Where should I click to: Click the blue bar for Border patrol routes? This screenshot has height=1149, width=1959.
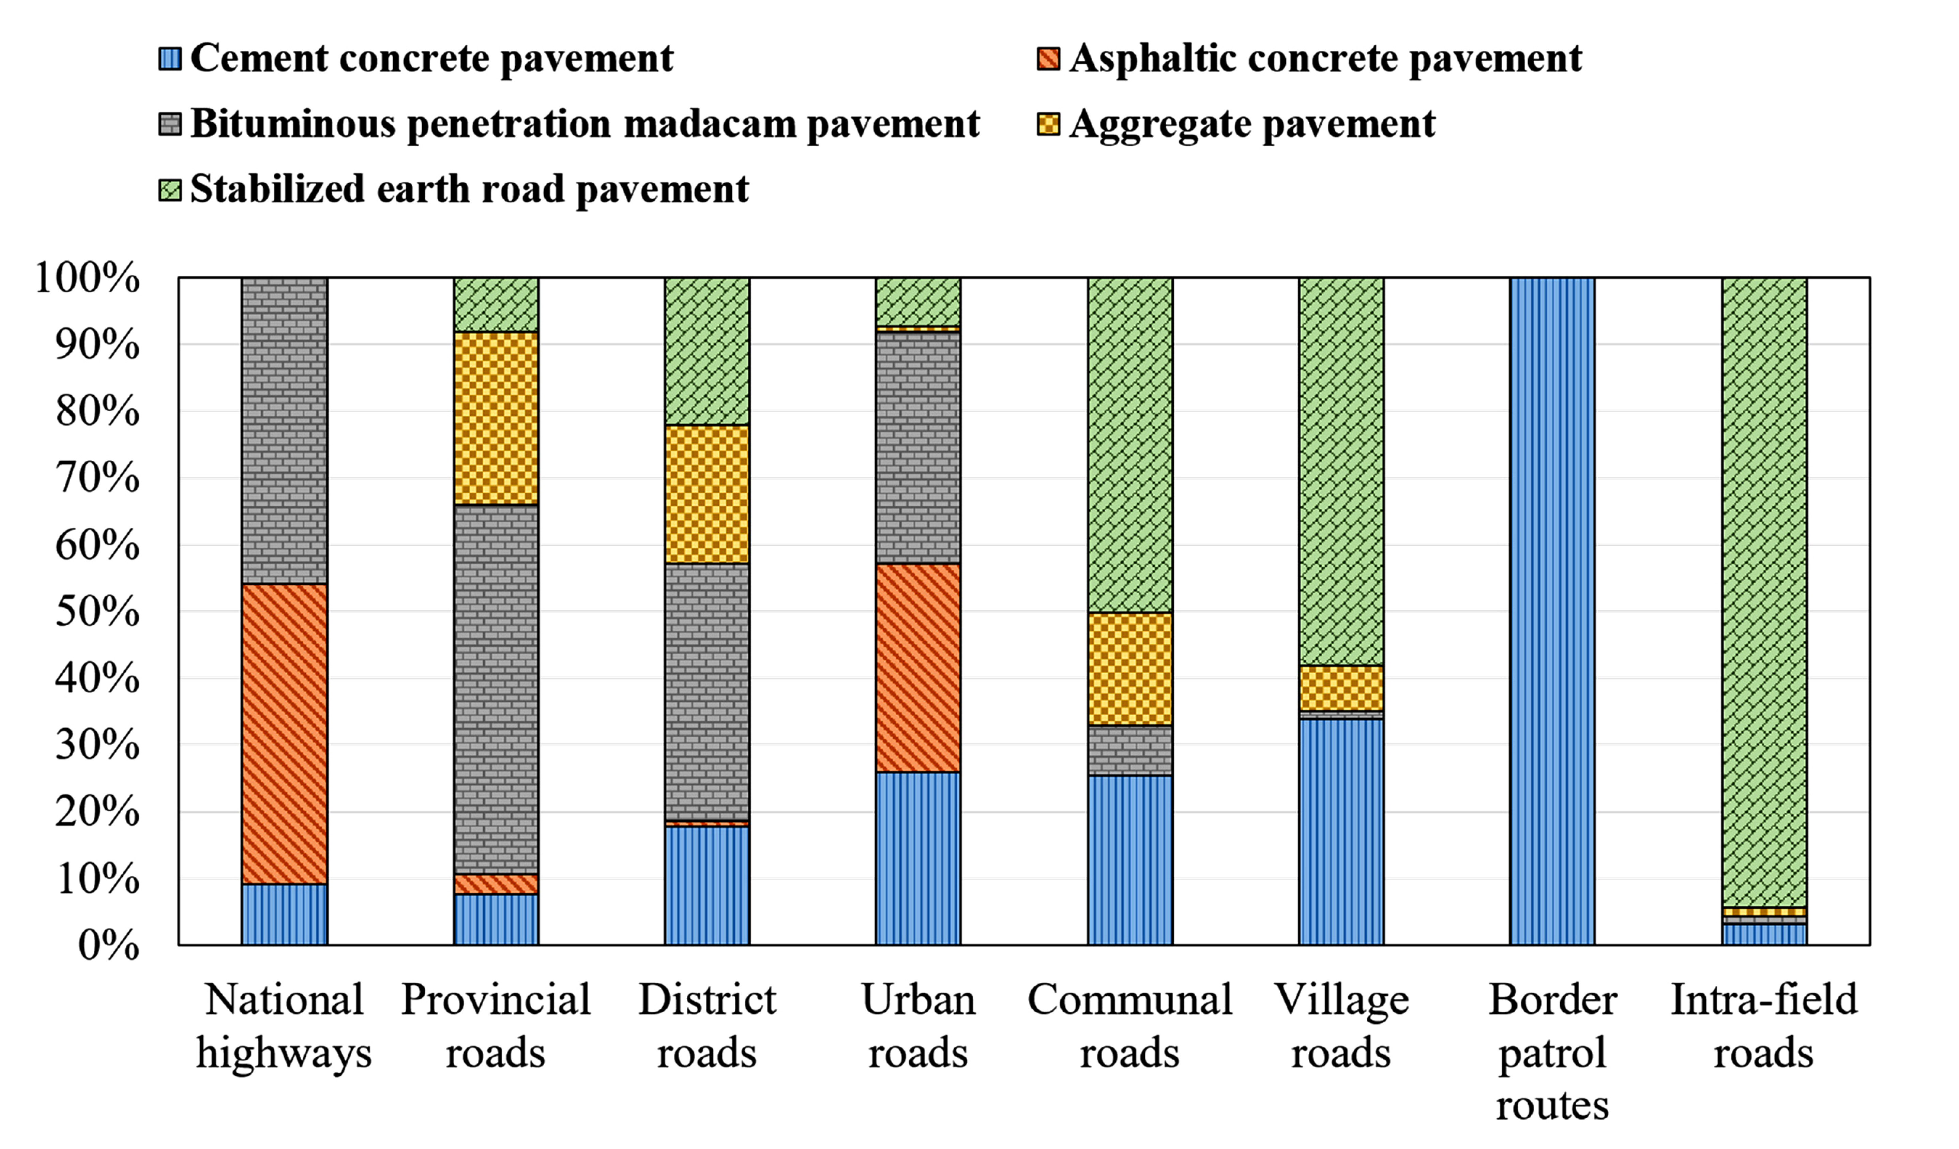[x=1552, y=611]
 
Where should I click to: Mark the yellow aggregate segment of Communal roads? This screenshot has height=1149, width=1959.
[x=1129, y=669]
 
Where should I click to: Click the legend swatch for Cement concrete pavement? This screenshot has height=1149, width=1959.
[x=169, y=58]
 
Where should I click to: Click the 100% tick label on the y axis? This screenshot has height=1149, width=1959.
[x=87, y=277]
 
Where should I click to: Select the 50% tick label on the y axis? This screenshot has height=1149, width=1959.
[x=97, y=612]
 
